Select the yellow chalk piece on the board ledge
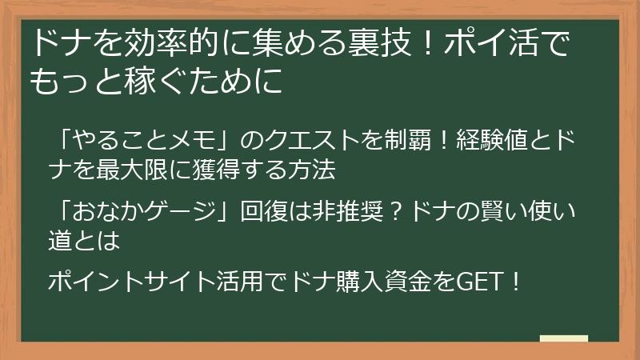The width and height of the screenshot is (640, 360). (564, 338)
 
